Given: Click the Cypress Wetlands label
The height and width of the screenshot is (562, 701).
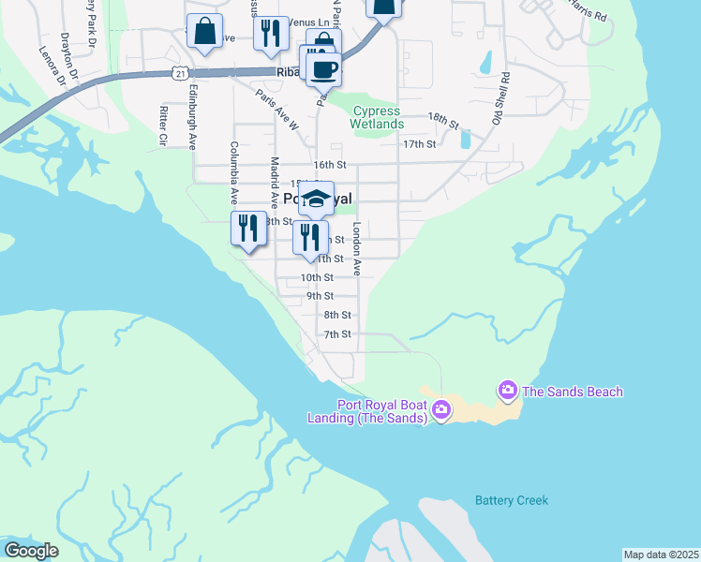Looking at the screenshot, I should [x=378, y=118].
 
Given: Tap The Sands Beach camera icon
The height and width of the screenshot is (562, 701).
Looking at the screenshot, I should [x=507, y=389].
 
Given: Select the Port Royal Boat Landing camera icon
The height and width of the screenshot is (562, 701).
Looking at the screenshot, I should [x=443, y=410].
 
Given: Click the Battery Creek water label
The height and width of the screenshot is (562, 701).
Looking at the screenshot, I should [x=511, y=500].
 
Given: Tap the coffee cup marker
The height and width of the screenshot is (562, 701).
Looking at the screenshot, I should [x=325, y=68].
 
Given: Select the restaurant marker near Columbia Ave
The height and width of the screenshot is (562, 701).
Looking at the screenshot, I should [x=248, y=228].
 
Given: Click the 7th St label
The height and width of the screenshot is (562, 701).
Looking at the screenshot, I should [x=337, y=334].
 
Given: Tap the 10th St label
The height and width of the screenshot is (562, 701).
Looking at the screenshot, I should [x=317, y=278].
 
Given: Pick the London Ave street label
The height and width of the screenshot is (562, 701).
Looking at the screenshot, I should [x=357, y=248].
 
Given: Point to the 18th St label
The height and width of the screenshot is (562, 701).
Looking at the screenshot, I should [x=442, y=120].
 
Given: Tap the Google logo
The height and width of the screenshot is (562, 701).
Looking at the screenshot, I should [x=31, y=550].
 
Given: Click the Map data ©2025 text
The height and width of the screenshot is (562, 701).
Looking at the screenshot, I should [x=661, y=555].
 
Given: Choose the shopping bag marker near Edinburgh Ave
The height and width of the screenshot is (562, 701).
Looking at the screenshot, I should [x=204, y=32].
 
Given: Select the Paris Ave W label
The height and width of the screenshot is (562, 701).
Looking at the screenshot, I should [x=278, y=111].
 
